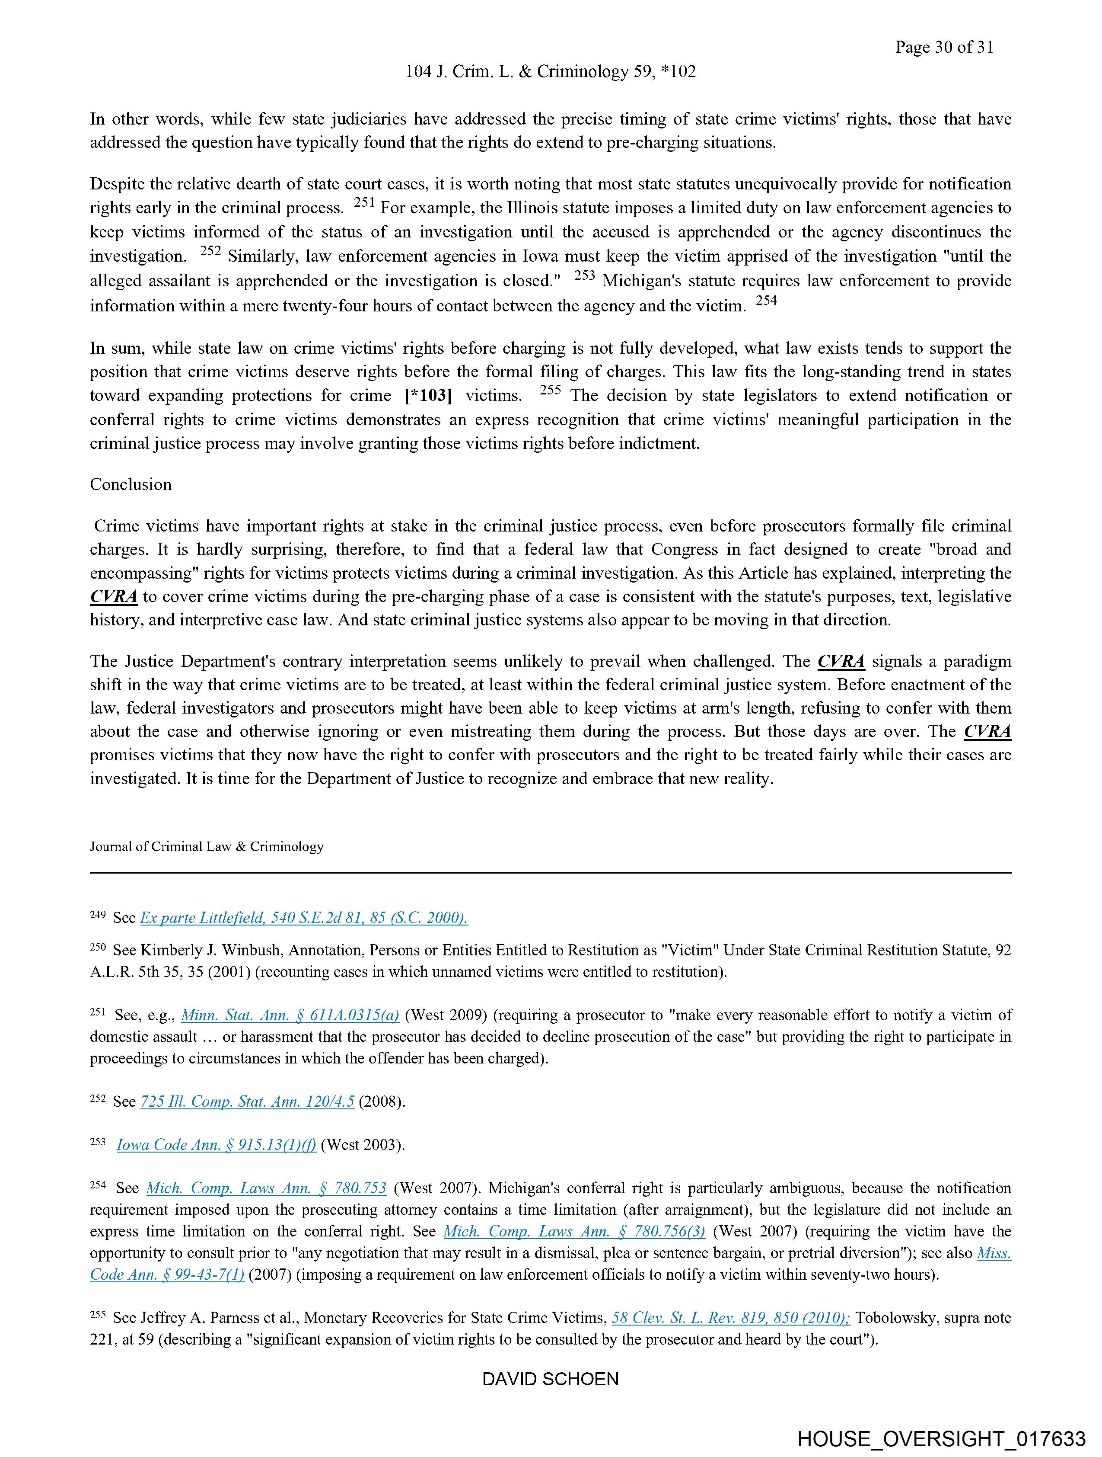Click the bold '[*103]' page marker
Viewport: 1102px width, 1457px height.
pyautogui.click(x=428, y=395)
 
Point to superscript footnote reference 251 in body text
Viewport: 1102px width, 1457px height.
pyautogui.click(x=364, y=204)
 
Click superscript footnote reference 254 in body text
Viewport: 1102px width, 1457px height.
pyautogui.click(x=766, y=301)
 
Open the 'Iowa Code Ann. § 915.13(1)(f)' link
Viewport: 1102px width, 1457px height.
pyautogui.click(x=216, y=1145)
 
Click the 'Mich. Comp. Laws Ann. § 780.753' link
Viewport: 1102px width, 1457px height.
pyautogui.click(x=266, y=1188)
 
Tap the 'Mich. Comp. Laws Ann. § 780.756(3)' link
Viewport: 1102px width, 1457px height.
pyautogui.click(x=574, y=1231)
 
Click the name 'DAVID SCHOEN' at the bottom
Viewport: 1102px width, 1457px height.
pyautogui.click(x=550, y=1379)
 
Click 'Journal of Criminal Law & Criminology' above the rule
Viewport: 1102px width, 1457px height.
pyautogui.click(x=207, y=846)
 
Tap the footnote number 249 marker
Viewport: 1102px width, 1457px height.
pyautogui.click(x=97, y=915)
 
